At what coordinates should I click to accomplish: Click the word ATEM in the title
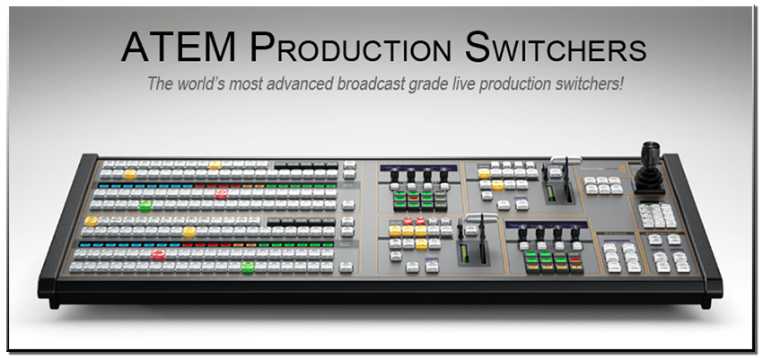point(179,47)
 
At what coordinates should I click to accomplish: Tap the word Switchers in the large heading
point(556,47)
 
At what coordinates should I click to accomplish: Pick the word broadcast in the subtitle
point(369,83)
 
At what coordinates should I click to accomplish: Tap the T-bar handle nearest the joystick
point(566,161)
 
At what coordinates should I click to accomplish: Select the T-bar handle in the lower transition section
point(481,217)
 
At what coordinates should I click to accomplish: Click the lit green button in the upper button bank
point(145,206)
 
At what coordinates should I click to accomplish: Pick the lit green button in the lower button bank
point(248,267)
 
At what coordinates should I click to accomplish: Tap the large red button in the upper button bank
point(222,194)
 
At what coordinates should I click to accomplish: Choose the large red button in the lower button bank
point(158,254)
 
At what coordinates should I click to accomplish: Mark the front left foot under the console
point(54,302)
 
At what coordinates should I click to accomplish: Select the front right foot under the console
point(706,302)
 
